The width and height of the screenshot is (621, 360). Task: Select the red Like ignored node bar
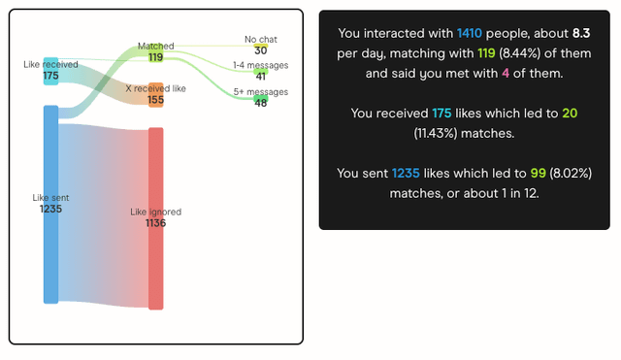coord(155,262)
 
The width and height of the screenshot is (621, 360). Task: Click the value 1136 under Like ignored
coord(155,223)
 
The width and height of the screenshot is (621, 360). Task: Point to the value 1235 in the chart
coord(50,209)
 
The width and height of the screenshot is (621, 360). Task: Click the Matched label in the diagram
coord(155,46)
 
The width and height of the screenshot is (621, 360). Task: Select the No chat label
coord(260,40)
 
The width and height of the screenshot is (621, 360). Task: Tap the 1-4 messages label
coord(260,65)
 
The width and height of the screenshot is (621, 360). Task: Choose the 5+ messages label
coord(260,91)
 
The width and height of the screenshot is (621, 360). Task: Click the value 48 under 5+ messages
coord(260,102)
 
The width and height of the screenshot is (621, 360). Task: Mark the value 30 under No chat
coord(260,50)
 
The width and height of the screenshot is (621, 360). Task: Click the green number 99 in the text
coord(509,173)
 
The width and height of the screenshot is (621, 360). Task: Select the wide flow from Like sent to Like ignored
coord(103,213)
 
